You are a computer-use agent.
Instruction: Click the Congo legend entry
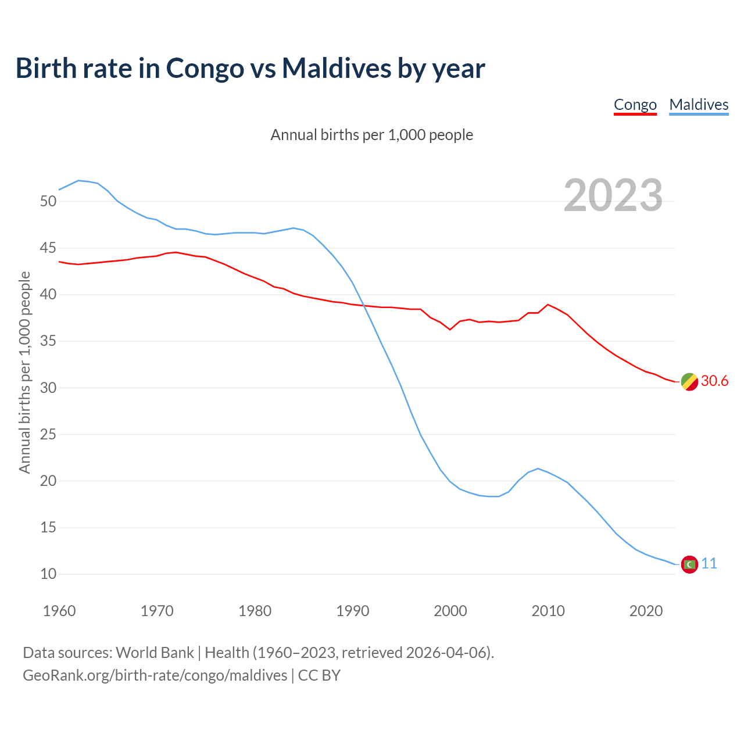pyautogui.click(x=635, y=105)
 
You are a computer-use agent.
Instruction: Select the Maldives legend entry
pyautogui.click(x=699, y=105)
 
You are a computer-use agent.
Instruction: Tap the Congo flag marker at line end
pyautogui.click(x=689, y=382)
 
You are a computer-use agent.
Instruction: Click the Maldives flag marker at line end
pyautogui.click(x=689, y=564)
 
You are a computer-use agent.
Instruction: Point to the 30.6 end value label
pyautogui.click(x=714, y=381)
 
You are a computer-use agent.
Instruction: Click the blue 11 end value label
pyautogui.click(x=709, y=563)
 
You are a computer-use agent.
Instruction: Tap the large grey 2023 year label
pyautogui.click(x=613, y=195)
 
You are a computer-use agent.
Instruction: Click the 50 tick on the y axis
pyautogui.click(x=48, y=202)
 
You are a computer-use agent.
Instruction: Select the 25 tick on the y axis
pyautogui.click(x=48, y=434)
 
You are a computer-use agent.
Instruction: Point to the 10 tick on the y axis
pyautogui.click(x=48, y=574)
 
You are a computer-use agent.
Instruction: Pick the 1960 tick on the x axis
pyautogui.click(x=59, y=611)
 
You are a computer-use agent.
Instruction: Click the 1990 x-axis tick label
pyautogui.click(x=353, y=611)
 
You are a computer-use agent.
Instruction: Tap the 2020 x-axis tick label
pyautogui.click(x=646, y=611)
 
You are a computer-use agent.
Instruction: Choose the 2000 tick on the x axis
pyautogui.click(x=450, y=611)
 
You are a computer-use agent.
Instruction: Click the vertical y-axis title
pyautogui.click(x=24, y=372)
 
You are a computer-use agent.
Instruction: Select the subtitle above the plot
pyautogui.click(x=372, y=135)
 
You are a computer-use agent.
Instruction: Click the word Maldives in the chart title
pyautogui.click(x=337, y=69)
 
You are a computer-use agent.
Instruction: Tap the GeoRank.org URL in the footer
pyautogui.click(x=155, y=675)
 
